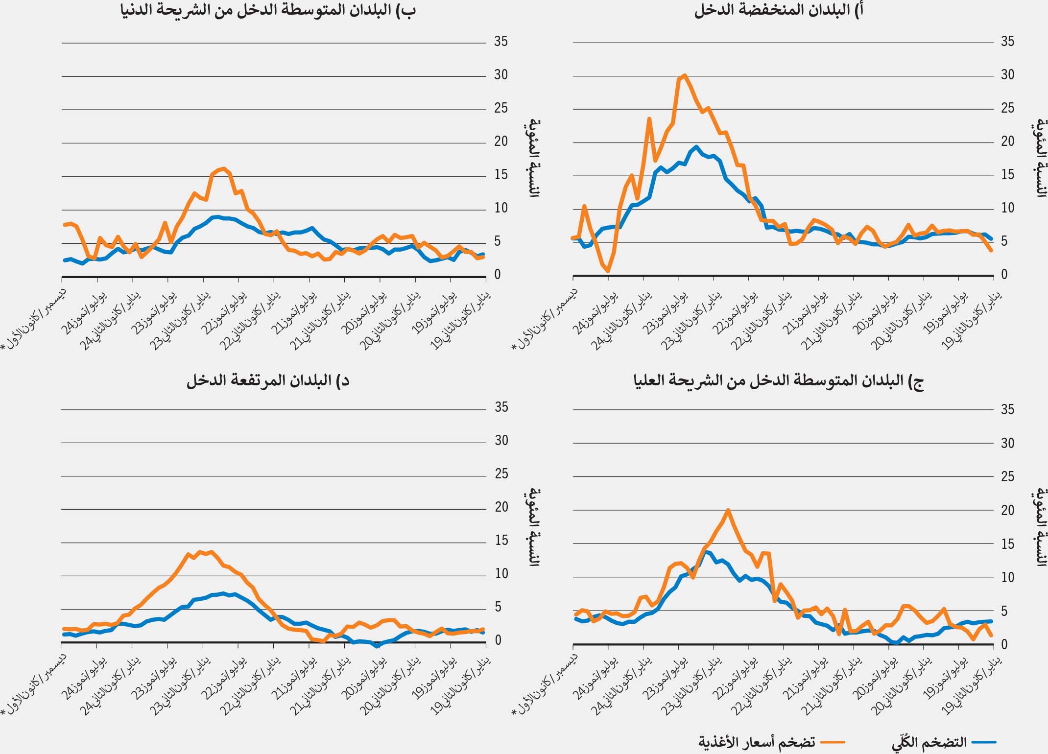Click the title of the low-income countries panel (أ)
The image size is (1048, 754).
click(778, 11)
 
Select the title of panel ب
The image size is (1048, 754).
click(268, 11)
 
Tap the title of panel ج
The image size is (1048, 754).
click(778, 380)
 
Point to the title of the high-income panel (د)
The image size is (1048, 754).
click(268, 380)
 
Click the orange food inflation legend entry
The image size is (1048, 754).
click(757, 742)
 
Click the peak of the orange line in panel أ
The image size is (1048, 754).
click(684, 75)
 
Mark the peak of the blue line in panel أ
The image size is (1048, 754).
click(696, 146)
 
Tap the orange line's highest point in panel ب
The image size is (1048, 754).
click(224, 169)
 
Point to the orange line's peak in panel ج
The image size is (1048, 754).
click(728, 510)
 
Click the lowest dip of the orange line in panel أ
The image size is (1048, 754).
click(608, 271)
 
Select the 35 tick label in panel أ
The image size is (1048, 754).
click(1007, 42)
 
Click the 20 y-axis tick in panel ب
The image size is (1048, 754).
click(501, 141)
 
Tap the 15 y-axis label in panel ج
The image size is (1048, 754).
click(1007, 544)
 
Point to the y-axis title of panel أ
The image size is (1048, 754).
click(1041, 158)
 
